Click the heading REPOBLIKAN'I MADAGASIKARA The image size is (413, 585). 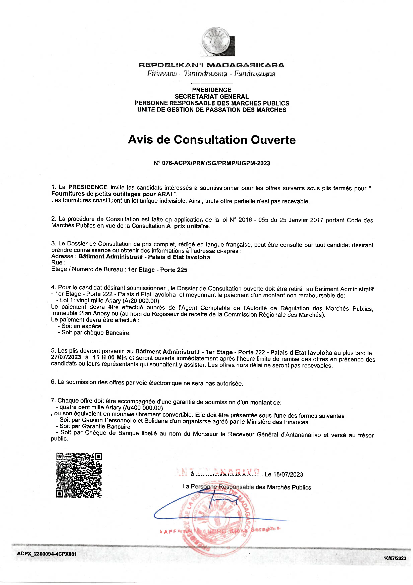click(211, 65)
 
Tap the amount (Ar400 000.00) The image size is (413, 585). click(143, 408)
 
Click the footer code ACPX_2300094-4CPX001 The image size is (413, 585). click(47, 554)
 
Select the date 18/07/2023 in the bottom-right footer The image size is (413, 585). click(395, 558)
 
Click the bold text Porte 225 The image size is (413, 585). click(173, 270)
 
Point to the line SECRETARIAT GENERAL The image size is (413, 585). click(211, 97)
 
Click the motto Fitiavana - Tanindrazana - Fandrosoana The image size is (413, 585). click(211, 74)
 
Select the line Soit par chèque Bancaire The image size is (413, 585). click(96, 333)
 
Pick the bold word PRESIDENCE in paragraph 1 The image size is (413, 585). click(88, 187)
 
